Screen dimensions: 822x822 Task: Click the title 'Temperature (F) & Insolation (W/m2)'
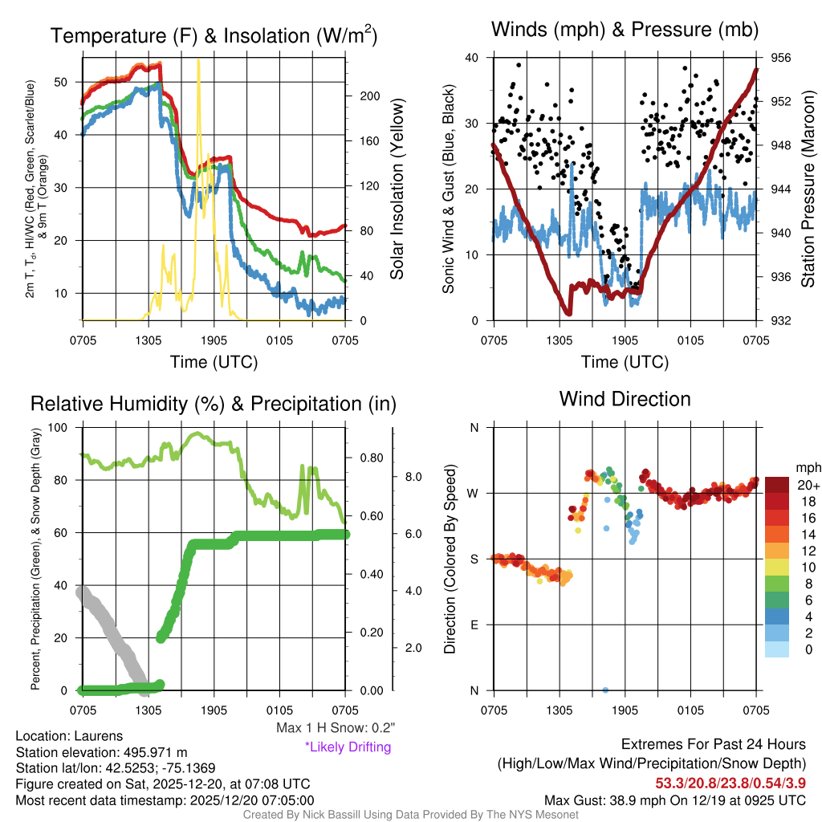pyautogui.click(x=214, y=35)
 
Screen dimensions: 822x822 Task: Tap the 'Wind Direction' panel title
pyautogui.click(x=625, y=399)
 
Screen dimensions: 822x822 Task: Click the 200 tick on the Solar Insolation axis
pyautogui.click(x=369, y=96)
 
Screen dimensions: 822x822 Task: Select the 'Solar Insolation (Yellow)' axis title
pyautogui.click(x=397, y=189)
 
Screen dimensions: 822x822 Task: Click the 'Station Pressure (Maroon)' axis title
pyautogui.click(x=808, y=189)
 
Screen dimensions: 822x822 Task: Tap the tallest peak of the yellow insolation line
pyautogui.click(x=198, y=60)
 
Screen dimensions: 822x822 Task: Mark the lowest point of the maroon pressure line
pyautogui.click(x=568, y=312)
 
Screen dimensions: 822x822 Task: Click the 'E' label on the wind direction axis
pyautogui.click(x=474, y=625)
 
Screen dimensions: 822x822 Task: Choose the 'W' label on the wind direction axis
pyautogui.click(x=473, y=493)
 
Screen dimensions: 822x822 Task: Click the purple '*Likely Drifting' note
pyautogui.click(x=348, y=747)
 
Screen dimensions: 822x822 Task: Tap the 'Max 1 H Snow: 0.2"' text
pyautogui.click(x=335, y=728)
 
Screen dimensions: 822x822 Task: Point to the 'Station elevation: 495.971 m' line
pyautogui.click(x=101, y=752)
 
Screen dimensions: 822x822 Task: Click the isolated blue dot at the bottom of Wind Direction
pyautogui.click(x=605, y=690)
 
